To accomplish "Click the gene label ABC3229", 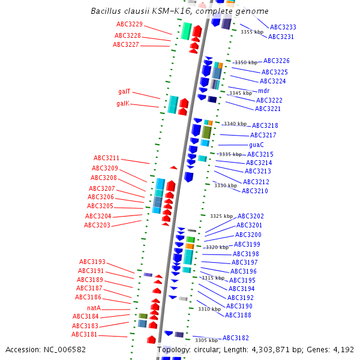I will click(x=130, y=24).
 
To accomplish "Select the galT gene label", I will click(x=124, y=92).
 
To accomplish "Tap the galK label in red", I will click(x=123, y=103).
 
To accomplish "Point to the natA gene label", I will click(x=94, y=308).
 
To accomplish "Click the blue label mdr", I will click(x=264, y=91).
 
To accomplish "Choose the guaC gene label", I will click(x=256, y=145).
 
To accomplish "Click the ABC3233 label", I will click(x=283, y=27).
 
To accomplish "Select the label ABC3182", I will click(x=235, y=338).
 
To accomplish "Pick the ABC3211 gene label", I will click(x=106, y=158).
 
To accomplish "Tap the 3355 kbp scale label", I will click(x=252, y=32).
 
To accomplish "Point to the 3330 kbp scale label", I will click(x=226, y=185).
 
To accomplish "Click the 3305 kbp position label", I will click(x=206, y=340).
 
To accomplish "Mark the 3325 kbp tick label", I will click(x=221, y=216).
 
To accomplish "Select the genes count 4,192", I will click(x=343, y=349).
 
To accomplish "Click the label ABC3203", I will click(x=97, y=225).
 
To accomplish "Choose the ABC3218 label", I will click(x=265, y=125).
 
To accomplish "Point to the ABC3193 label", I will click(x=92, y=262).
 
